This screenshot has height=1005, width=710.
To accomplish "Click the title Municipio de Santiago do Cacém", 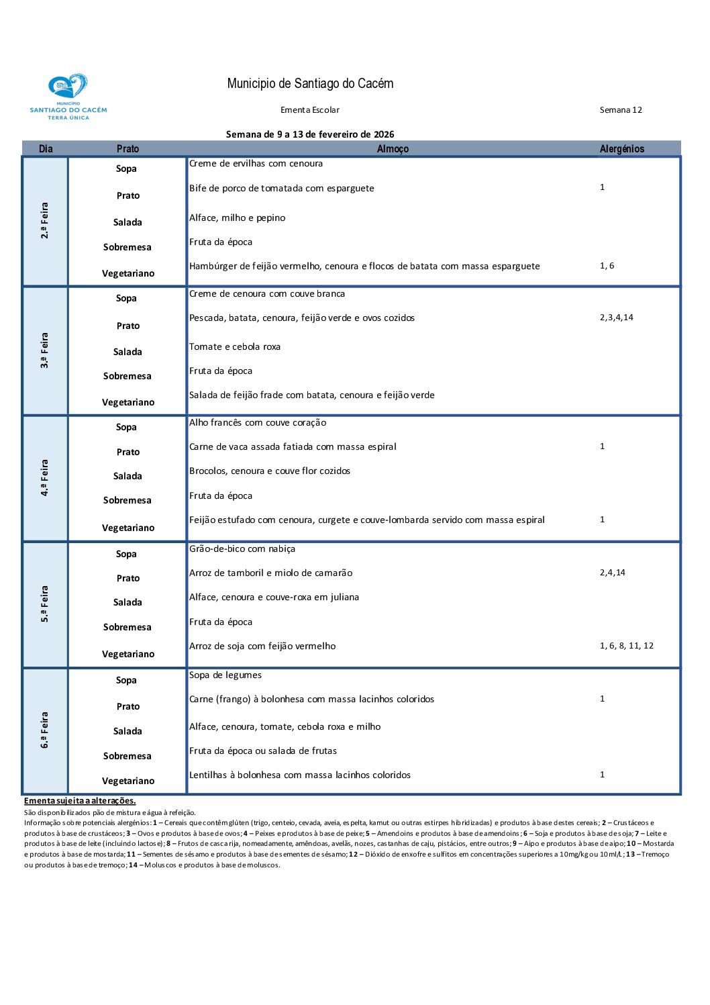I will [310, 84].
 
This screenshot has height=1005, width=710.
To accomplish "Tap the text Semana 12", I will [620, 110].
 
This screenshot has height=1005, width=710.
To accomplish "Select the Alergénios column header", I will [621, 149].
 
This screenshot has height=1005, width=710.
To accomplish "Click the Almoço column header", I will [393, 149].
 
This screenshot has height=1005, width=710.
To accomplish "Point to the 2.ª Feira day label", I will [45, 221].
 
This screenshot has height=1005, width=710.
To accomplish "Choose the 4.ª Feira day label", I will [45, 478].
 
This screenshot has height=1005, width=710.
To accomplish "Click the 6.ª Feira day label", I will [45, 730].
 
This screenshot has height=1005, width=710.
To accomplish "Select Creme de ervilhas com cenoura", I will [256, 164].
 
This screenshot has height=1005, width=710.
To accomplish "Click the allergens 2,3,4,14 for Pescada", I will [616, 318].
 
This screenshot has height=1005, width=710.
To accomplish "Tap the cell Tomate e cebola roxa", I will [235, 347].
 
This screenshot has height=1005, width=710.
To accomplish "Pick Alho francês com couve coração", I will [258, 423].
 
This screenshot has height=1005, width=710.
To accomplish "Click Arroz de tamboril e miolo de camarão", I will [270, 573].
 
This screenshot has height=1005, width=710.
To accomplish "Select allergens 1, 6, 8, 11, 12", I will [626, 646].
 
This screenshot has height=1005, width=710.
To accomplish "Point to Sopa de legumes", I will [225, 675].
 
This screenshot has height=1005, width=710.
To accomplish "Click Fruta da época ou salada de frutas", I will [263, 751].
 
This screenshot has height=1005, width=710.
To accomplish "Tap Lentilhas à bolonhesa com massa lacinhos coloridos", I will [300, 775].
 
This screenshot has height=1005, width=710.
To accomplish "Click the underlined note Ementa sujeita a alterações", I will [80, 801].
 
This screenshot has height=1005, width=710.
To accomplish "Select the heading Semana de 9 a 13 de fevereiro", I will [310, 134].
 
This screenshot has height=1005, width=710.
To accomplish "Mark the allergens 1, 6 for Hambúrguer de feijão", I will [607, 266].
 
